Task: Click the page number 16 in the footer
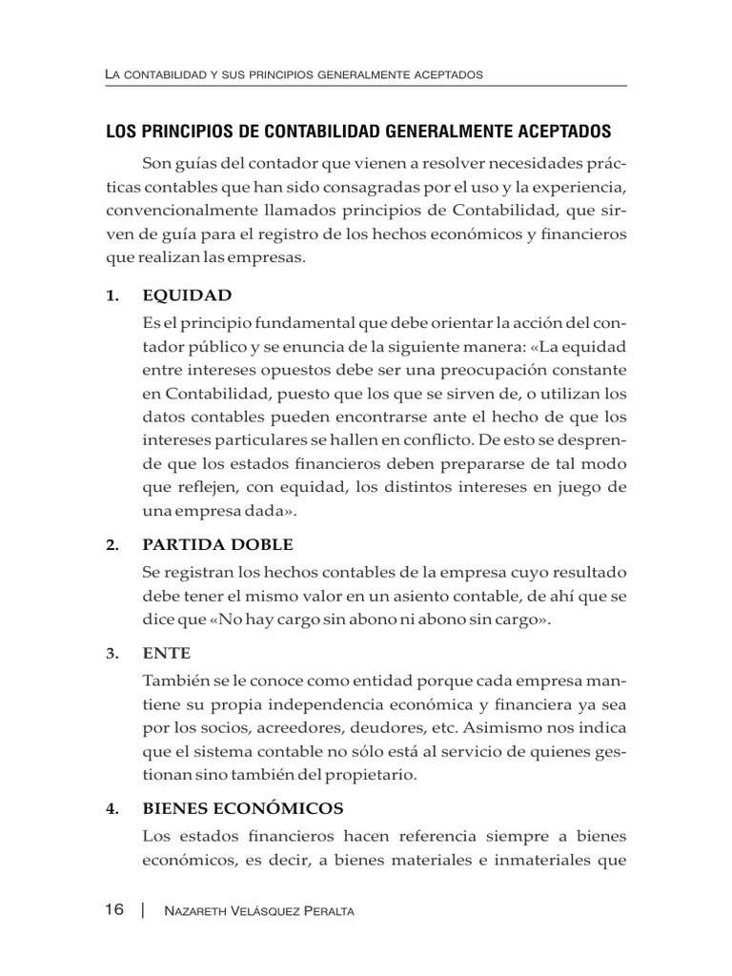coord(114,910)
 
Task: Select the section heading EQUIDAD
coord(187,295)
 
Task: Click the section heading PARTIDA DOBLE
coord(217,544)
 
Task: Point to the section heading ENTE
coord(166,653)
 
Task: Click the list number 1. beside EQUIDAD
coord(112,295)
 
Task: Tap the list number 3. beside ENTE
coord(112,653)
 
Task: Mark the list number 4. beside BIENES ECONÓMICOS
coord(112,808)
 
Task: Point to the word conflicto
coord(419,438)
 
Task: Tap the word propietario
coord(362,775)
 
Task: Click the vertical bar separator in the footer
coord(141,910)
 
